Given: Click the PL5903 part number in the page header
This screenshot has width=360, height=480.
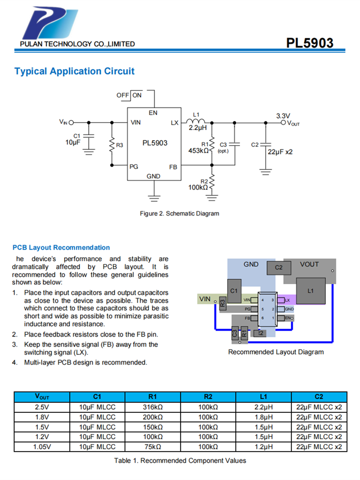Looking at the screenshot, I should [x=310, y=43].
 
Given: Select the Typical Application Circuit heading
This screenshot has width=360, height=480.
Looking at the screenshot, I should [x=74, y=72].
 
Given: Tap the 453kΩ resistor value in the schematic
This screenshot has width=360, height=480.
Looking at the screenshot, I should [x=198, y=151].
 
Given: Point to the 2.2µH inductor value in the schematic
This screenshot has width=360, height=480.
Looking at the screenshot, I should [x=197, y=128].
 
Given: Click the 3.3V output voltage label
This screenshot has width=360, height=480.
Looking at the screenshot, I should [x=283, y=116].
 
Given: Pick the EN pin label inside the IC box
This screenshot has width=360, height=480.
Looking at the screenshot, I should [x=153, y=113].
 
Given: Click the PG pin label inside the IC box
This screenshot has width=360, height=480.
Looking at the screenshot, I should [x=134, y=166].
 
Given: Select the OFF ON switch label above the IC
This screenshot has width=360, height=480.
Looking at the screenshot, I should [x=129, y=95].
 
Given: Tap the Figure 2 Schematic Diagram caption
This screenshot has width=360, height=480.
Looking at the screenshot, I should [x=179, y=213].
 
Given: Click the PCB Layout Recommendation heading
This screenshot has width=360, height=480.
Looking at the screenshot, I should [x=61, y=248].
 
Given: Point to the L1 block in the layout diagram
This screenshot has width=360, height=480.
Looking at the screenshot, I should [x=310, y=291].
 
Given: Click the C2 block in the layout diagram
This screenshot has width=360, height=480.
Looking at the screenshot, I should [x=279, y=267].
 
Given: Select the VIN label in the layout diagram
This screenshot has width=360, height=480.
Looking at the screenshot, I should [x=204, y=299].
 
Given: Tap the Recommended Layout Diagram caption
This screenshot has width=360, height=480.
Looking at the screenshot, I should [x=276, y=352].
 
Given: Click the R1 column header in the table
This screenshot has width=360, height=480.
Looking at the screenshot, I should [x=153, y=396].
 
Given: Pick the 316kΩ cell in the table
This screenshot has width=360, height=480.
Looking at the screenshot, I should [x=153, y=407].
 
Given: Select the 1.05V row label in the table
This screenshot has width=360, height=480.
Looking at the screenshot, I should [x=42, y=447].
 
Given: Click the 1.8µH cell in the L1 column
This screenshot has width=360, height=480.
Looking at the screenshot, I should [x=263, y=417].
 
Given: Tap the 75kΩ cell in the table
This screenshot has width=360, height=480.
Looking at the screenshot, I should [x=153, y=447].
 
